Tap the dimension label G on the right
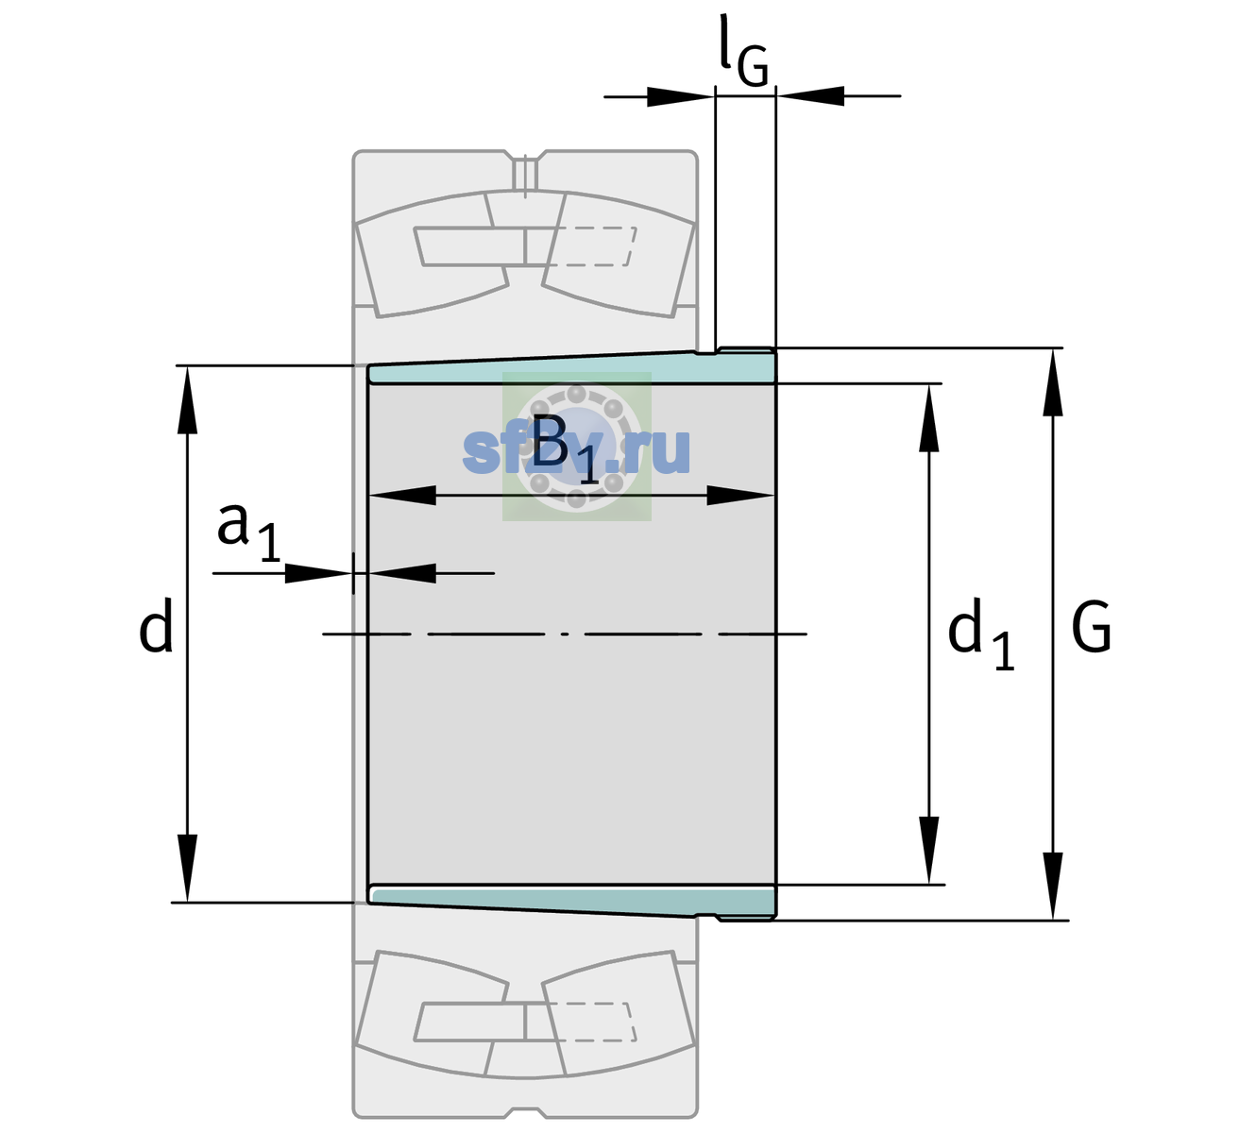[x=1092, y=627]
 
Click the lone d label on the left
[x=155, y=625]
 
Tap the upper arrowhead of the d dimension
[x=187, y=400]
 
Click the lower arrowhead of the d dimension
[x=187, y=869]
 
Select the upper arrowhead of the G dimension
[x=1053, y=382]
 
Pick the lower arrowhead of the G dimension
[x=1053, y=886]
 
